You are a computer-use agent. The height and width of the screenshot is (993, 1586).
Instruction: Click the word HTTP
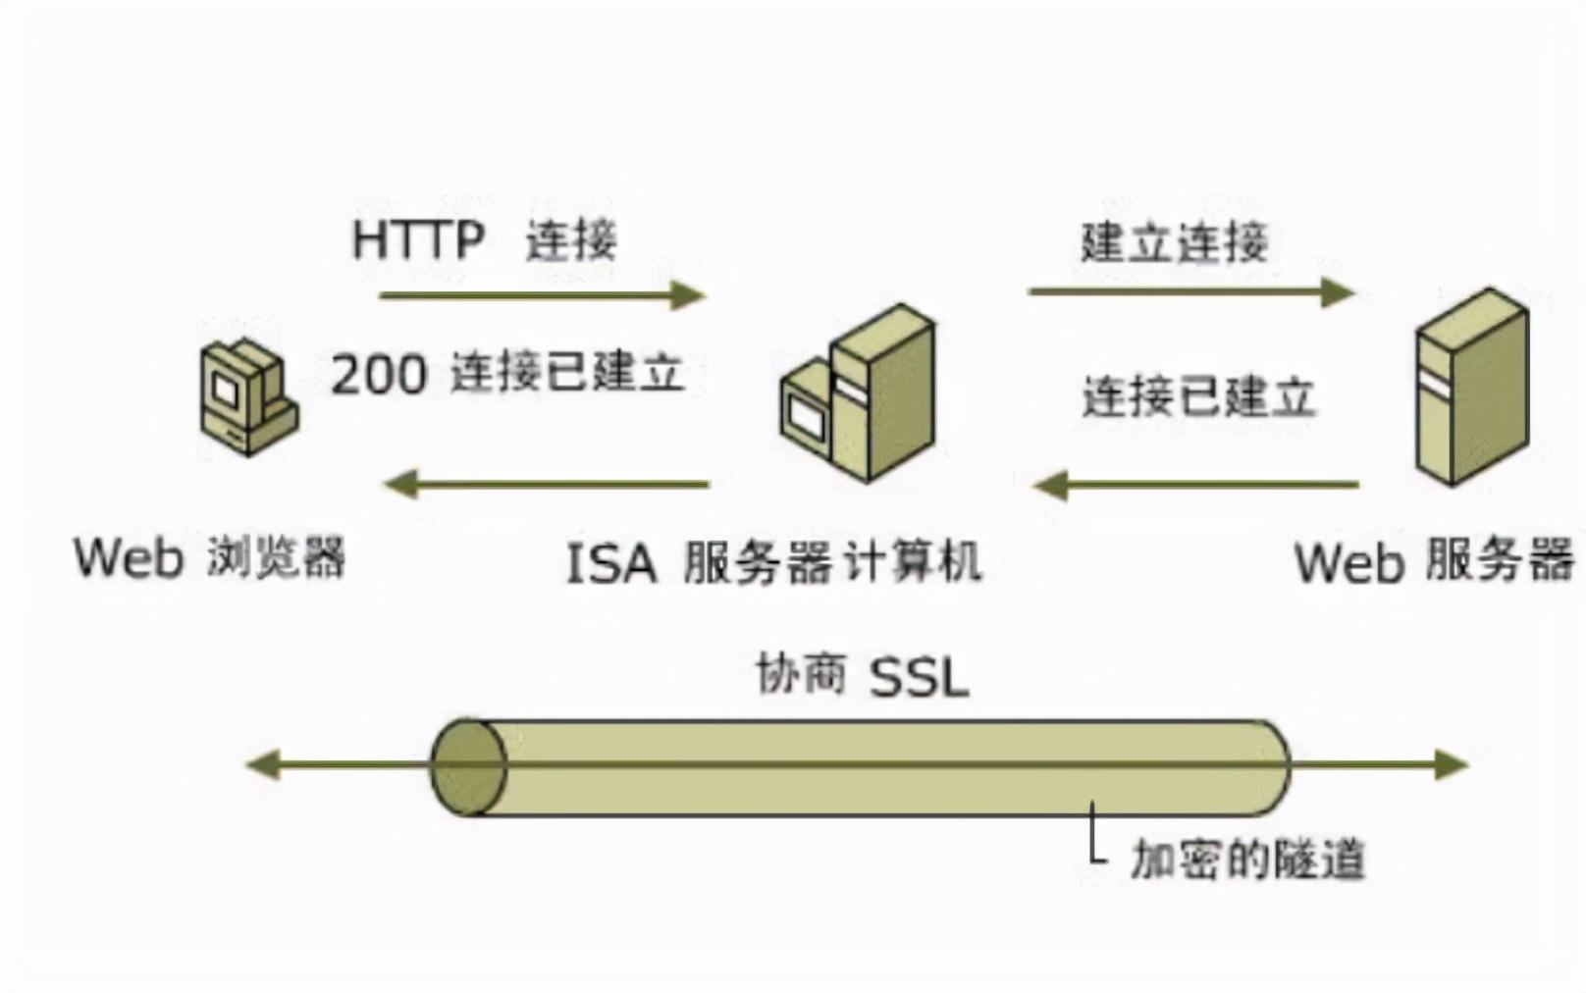pyautogui.click(x=418, y=240)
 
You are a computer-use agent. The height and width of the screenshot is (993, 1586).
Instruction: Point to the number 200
pyautogui.click(x=379, y=374)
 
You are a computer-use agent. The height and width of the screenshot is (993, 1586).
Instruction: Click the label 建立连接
pyautogui.click(x=1174, y=242)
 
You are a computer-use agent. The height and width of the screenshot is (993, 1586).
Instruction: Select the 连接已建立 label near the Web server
pyautogui.click(x=1197, y=397)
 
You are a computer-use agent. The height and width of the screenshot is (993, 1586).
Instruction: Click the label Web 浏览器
pyautogui.click(x=209, y=557)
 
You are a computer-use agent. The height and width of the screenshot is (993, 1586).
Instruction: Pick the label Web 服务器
pyautogui.click(x=1433, y=561)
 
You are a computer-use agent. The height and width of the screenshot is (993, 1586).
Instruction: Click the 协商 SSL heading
pyautogui.click(x=862, y=676)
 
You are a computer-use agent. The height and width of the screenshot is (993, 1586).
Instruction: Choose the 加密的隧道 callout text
pyautogui.click(x=1246, y=860)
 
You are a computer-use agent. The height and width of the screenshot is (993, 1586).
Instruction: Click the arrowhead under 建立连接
pyautogui.click(x=1338, y=291)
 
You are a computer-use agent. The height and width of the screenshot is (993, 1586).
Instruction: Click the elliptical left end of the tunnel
pyautogui.click(x=468, y=766)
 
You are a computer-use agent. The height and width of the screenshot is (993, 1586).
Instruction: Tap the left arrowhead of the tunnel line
pyautogui.click(x=263, y=764)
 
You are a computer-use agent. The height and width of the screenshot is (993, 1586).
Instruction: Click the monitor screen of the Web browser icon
pyautogui.click(x=225, y=391)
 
